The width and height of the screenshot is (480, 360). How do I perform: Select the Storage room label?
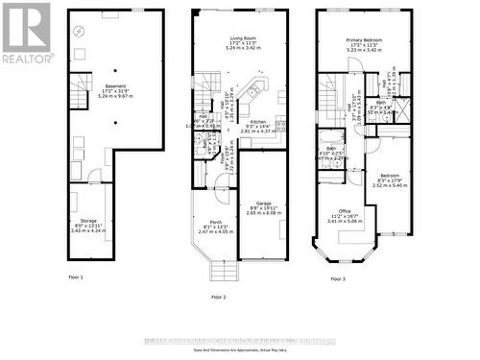pos(86,220)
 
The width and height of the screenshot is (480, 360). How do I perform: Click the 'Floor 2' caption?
pos(218,298)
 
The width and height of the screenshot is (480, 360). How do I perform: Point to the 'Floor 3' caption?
pos(337,278)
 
